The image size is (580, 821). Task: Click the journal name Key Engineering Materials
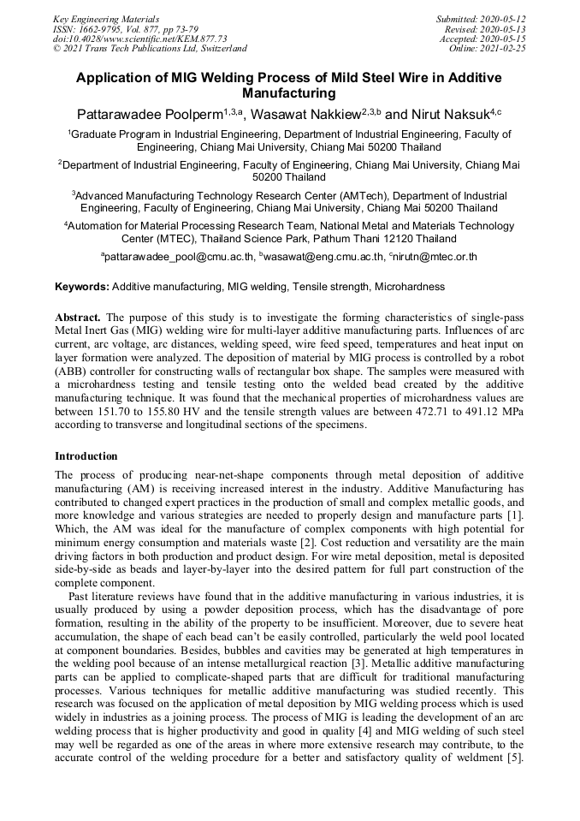click(x=106, y=19)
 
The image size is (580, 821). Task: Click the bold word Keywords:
click(x=82, y=287)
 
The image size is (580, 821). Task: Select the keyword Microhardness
click(x=410, y=287)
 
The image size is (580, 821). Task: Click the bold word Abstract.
click(x=80, y=318)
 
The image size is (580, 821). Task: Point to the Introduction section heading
click(x=86, y=456)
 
